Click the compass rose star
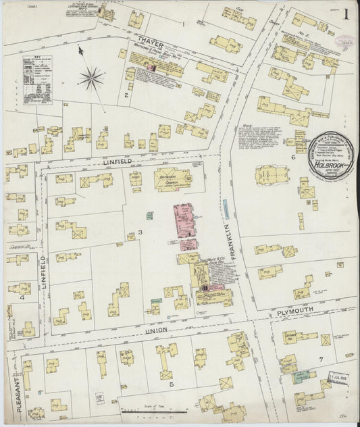point(91,78)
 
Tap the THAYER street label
point(147,40)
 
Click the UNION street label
point(157,330)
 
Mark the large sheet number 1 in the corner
point(345,13)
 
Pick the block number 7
point(322,358)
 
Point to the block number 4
point(22,297)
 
